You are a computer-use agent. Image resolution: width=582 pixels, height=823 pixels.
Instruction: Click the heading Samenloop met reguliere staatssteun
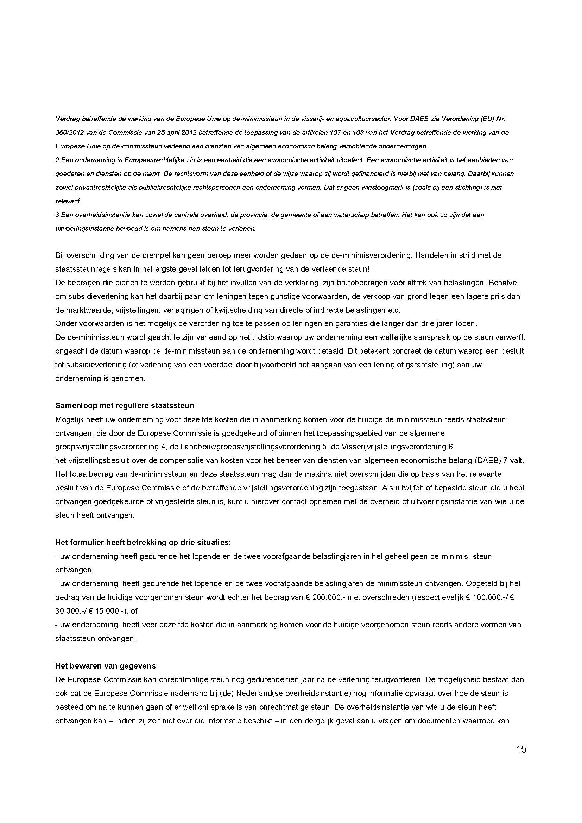(124, 406)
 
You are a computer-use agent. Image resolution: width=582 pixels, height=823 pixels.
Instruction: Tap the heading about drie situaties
(143, 542)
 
